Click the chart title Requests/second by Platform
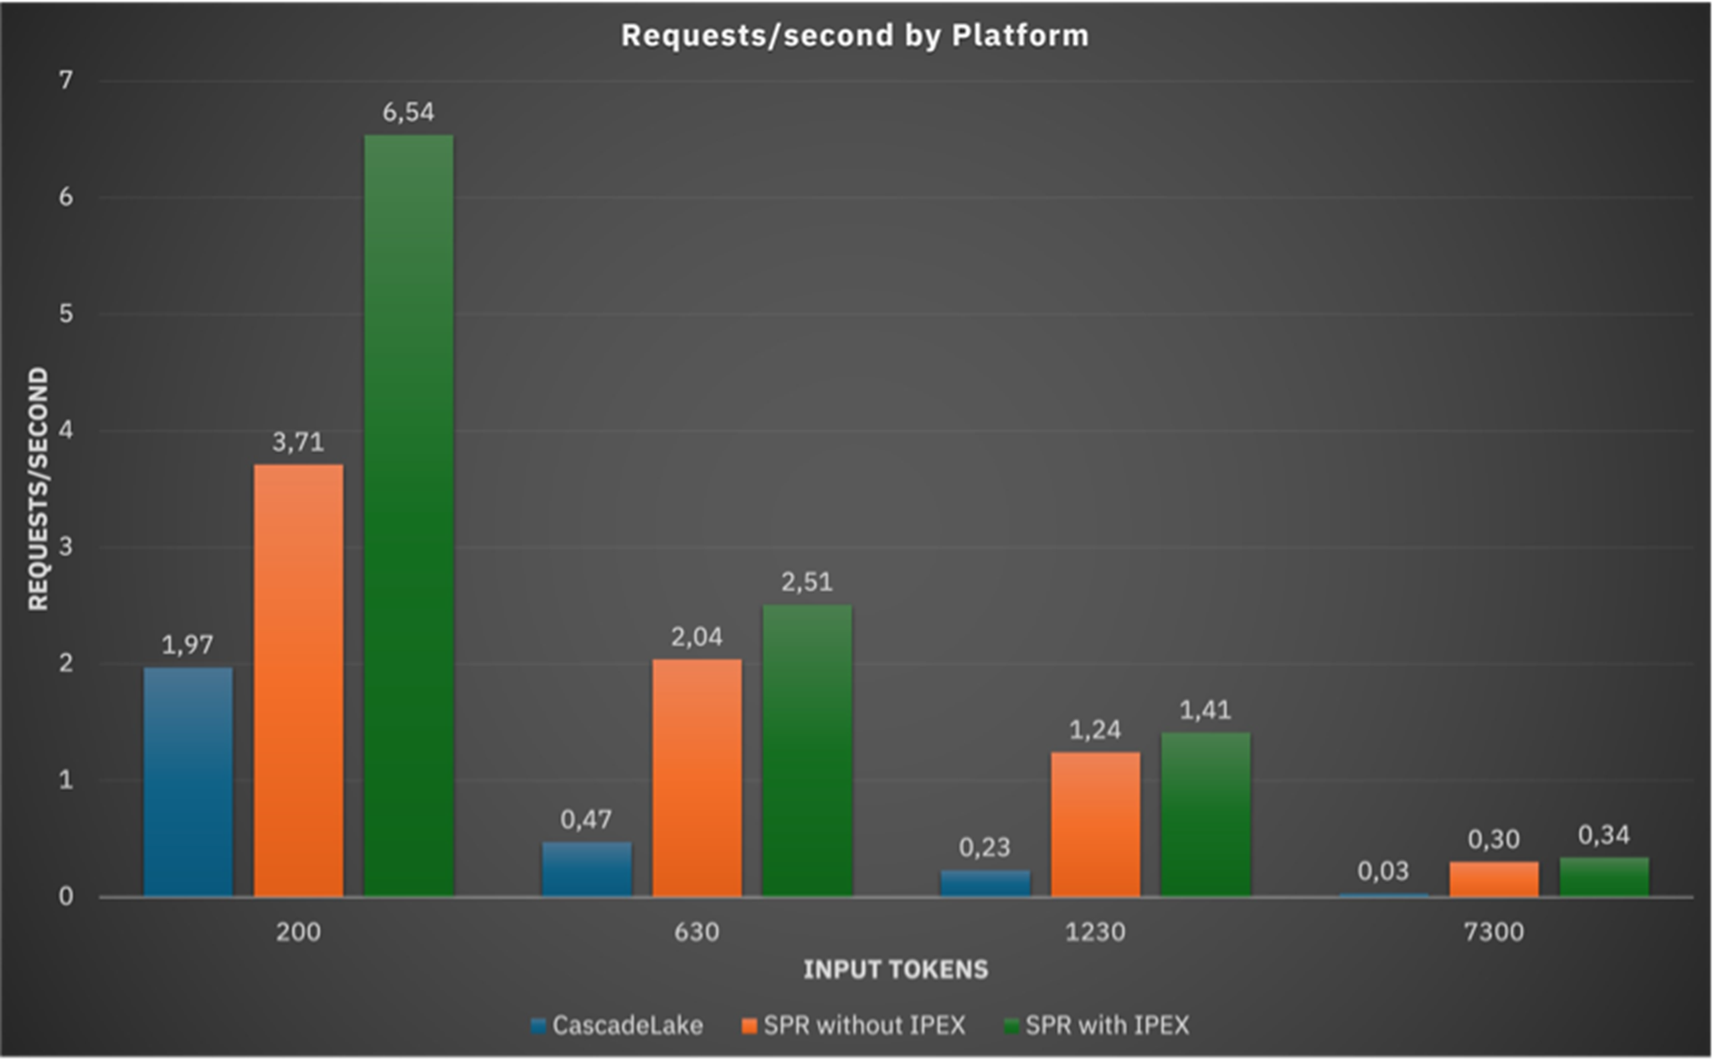coord(855,36)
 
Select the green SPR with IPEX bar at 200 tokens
coord(409,515)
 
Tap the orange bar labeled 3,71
coord(298,680)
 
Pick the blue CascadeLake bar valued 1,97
coord(188,781)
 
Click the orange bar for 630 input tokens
coord(697,777)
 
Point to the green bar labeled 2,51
coord(807,750)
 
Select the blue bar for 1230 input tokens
coord(985,883)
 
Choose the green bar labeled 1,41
coord(1206,814)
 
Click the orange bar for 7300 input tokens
coord(1494,879)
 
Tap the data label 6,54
coord(409,112)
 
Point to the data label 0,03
coord(1383,872)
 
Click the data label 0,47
coord(586,820)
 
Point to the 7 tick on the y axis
coord(65,80)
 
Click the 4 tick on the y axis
coord(65,430)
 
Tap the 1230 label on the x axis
coord(1095,932)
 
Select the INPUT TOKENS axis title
coord(896,970)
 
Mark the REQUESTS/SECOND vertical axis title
coord(39,489)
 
